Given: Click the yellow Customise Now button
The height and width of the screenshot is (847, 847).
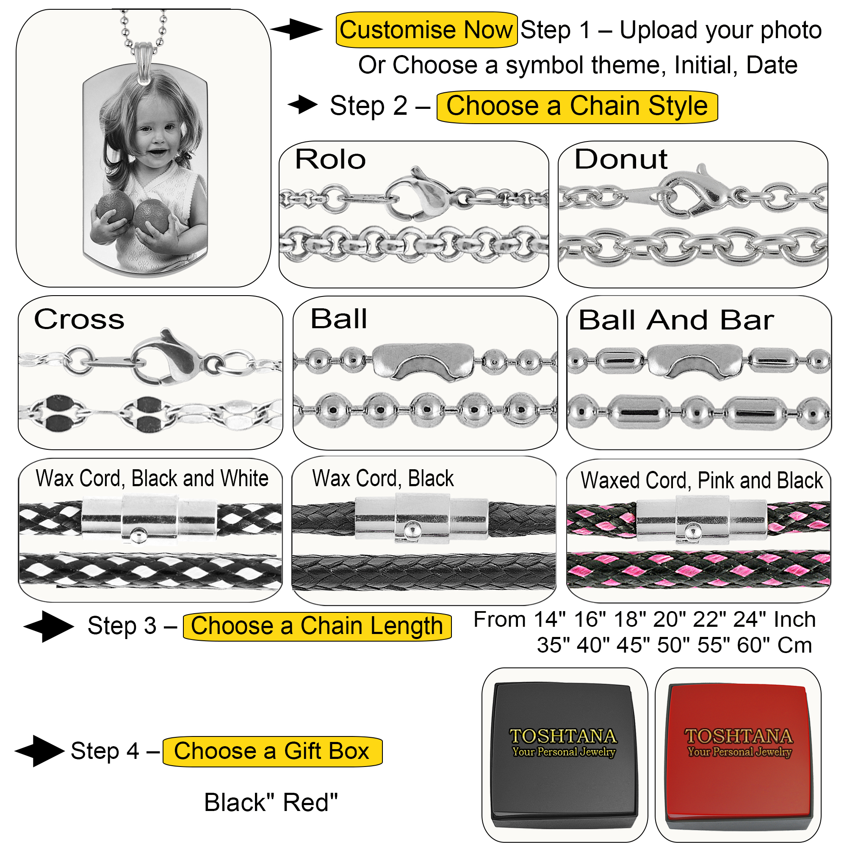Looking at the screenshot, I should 426,30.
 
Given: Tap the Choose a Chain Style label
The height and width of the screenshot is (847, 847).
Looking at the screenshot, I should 577,107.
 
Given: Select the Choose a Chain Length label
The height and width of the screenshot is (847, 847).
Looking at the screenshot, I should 316,626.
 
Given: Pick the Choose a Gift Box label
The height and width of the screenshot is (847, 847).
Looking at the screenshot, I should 272,751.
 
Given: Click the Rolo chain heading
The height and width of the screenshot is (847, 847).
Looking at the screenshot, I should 331,159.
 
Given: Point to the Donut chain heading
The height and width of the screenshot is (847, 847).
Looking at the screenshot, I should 621,159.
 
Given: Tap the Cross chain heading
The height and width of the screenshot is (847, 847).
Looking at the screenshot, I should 79,319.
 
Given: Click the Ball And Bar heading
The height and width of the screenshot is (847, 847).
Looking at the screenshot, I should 676,320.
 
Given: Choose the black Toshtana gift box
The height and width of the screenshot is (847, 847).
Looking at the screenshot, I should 564,755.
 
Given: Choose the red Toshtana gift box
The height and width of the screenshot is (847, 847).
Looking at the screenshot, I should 739,755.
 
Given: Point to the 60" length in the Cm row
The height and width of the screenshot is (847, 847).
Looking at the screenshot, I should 752,645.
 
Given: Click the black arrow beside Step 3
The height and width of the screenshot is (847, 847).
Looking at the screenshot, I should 49,626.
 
